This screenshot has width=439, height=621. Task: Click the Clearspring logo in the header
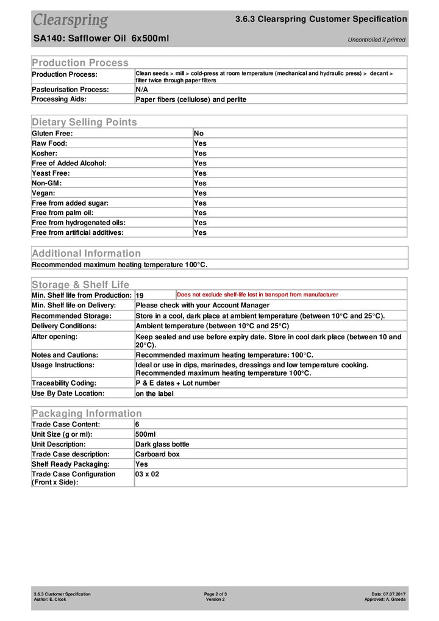70,20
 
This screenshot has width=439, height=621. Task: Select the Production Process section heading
80,62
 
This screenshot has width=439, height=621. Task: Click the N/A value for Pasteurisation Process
141,89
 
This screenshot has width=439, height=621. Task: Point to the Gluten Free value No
199,133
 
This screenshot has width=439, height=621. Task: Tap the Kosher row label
45,153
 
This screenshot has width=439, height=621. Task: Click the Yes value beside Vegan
200,193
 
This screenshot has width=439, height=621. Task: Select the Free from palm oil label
63,212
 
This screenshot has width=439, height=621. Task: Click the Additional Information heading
86,253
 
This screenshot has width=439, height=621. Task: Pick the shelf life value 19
140,295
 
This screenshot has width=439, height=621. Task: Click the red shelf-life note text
257,295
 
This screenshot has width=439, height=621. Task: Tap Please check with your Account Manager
202,305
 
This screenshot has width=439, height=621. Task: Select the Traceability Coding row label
64,383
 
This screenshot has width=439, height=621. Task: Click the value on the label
154,393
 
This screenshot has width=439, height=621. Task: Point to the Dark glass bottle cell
162,444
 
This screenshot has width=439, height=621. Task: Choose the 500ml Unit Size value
145,434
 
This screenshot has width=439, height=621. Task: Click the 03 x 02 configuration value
147,474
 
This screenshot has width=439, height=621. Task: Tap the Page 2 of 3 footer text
215,594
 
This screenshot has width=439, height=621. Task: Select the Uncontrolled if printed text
376,40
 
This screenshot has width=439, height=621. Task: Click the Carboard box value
157,454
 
